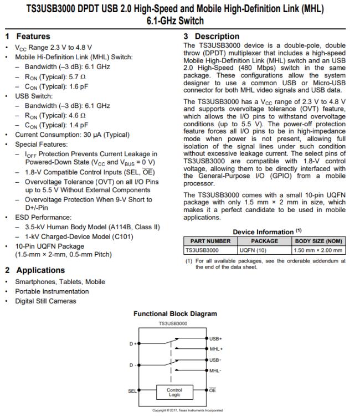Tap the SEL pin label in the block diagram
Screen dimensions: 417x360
132,390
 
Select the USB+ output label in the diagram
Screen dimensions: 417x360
215,338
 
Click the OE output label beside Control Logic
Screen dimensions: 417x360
213,390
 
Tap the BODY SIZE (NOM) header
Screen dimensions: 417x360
318,241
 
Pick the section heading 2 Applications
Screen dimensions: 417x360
35,270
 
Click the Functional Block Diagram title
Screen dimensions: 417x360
175,313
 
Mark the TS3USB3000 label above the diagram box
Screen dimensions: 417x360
173,322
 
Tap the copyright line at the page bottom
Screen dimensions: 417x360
180,410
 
